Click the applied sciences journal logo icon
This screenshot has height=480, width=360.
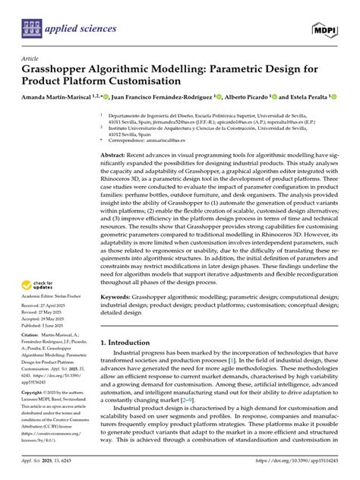32,30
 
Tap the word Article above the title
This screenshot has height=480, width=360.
30,58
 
